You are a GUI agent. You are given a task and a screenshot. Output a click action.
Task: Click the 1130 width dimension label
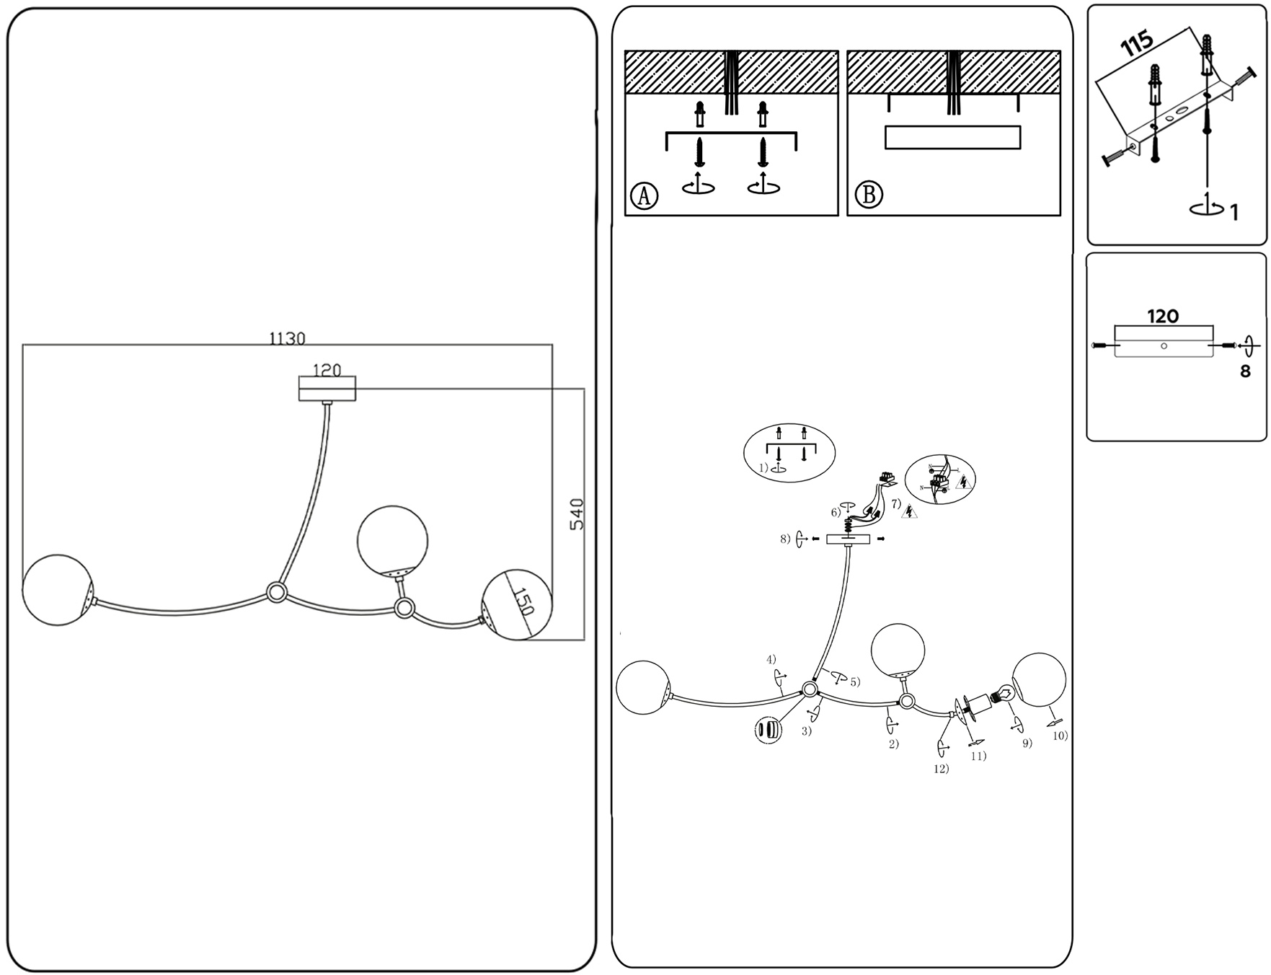287,338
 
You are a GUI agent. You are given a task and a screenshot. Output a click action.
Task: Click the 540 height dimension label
577,514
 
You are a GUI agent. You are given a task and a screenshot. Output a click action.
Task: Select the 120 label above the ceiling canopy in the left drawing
327,370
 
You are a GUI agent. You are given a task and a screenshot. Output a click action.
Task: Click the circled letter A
644,195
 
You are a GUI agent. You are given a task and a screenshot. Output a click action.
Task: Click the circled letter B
868,195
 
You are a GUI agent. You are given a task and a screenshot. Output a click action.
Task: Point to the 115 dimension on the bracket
1137,45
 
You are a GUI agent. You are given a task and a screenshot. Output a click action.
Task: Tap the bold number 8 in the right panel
1245,372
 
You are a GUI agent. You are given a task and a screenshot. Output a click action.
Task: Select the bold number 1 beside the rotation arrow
1234,213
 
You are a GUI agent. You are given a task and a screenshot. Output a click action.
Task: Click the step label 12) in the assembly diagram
941,769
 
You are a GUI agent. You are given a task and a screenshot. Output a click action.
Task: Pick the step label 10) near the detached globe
1060,736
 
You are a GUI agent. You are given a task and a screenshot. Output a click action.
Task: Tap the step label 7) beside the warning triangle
896,503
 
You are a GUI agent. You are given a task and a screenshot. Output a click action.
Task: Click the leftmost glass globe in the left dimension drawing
58,589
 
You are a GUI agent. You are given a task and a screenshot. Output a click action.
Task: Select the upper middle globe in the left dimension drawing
392,541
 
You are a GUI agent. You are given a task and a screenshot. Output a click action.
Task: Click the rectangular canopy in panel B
952,137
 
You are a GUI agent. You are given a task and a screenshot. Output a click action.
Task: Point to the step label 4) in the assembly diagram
771,659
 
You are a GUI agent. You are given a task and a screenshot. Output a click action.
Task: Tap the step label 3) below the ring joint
806,731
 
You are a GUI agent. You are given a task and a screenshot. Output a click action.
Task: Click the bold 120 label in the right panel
1163,316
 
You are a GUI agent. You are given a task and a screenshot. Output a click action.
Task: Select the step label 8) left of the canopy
785,539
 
